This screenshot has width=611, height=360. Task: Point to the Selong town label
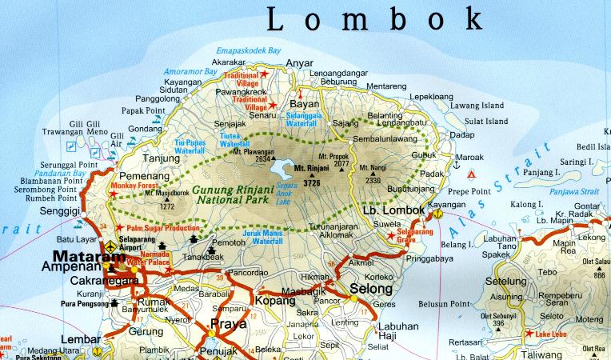tap(372, 289)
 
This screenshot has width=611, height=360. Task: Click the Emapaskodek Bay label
tap(251, 49)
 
